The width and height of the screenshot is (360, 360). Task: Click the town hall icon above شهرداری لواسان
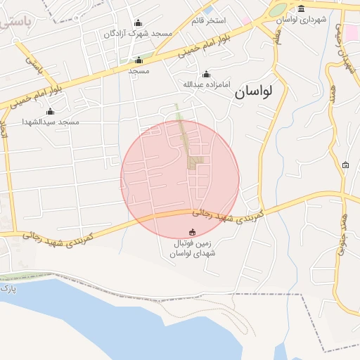click(x=302, y=9)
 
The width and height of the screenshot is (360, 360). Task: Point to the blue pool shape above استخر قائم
click(x=208, y=10)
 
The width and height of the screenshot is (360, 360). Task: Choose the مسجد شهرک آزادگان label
click(x=137, y=33)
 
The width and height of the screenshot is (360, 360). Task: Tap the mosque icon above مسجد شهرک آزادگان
click(x=138, y=22)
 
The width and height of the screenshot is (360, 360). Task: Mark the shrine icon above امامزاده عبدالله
click(x=206, y=75)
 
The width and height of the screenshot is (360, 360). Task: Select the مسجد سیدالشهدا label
click(x=50, y=122)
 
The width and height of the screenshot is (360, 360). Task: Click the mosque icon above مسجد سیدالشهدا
click(x=50, y=111)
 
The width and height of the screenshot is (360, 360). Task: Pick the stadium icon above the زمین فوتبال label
click(x=193, y=232)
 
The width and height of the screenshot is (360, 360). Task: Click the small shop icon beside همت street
click(x=345, y=165)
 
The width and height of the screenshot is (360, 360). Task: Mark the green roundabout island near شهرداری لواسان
click(x=278, y=10)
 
